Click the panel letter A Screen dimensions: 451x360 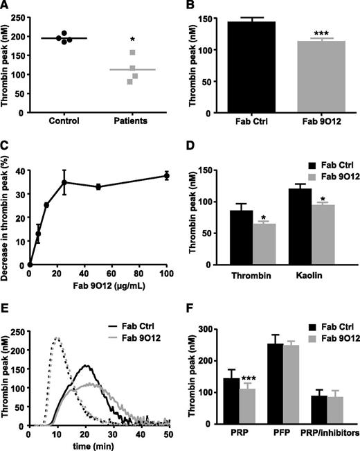(7, 7)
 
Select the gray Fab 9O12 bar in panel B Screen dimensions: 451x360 (307, 77)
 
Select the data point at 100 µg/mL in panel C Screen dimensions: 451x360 (164, 195)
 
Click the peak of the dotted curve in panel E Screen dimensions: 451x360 (57, 338)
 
